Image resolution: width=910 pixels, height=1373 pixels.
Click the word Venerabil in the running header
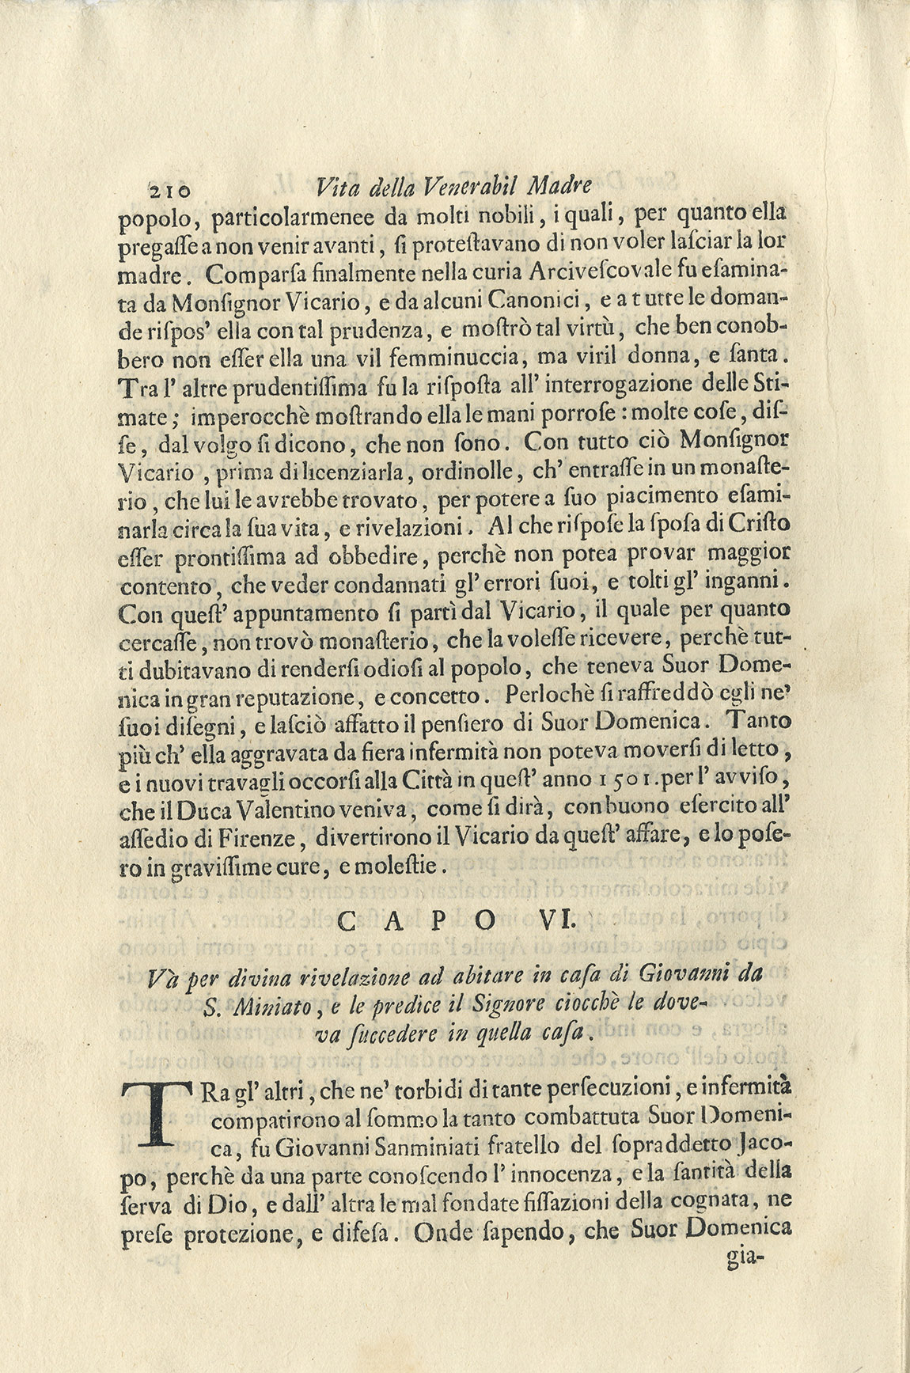click(469, 188)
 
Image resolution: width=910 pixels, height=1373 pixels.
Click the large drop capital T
click(159, 1115)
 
